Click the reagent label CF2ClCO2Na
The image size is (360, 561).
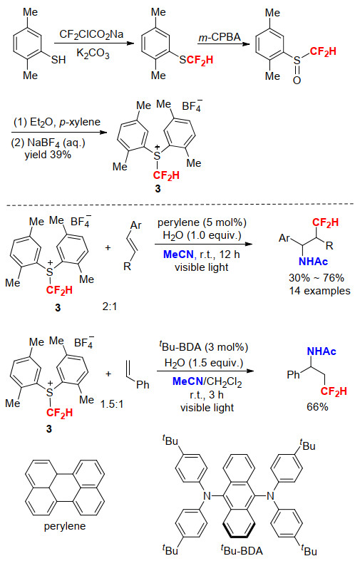[91, 35]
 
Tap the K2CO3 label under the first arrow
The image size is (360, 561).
[93, 53]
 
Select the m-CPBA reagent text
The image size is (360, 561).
[220, 37]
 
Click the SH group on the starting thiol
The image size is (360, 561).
[58, 59]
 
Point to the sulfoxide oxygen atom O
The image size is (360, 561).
[297, 81]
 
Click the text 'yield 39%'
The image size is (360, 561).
[48, 155]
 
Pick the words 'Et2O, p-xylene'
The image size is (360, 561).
[65, 123]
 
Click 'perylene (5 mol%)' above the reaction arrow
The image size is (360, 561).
[202, 222]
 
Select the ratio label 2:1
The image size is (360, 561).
[110, 307]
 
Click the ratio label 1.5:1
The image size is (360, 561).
[112, 404]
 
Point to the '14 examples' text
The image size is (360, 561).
[319, 291]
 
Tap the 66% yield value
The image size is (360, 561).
[317, 407]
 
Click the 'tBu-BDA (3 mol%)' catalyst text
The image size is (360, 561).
[203, 346]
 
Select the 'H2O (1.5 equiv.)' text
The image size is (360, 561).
[203, 363]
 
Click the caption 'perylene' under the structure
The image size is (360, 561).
[65, 526]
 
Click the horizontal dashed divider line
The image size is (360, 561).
[180, 205]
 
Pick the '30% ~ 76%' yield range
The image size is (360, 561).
[317, 277]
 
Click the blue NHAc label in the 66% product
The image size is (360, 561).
[322, 351]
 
